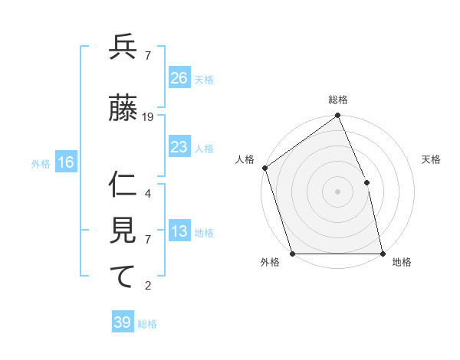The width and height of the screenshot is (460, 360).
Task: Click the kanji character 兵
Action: (x=123, y=48)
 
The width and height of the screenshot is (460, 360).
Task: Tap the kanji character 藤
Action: (x=123, y=110)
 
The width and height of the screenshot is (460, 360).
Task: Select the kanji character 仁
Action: (x=123, y=183)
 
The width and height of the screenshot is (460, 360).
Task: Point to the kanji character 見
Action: (x=123, y=231)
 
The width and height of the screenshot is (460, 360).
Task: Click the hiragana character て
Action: (x=123, y=277)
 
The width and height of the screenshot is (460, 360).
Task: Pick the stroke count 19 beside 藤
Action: (x=148, y=117)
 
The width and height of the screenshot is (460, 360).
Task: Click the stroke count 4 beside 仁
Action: (x=148, y=194)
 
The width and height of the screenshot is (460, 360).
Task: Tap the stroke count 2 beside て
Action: (x=148, y=286)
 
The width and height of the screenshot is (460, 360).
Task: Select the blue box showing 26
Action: (x=179, y=77)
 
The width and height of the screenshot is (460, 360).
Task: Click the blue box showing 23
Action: (x=179, y=147)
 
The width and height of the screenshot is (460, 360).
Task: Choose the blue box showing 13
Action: (x=179, y=232)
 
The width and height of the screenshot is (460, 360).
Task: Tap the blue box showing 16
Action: (x=66, y=162)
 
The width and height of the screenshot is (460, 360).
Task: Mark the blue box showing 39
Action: (x=123, y=322)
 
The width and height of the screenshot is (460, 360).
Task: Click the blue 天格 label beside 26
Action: (x=204, y=79)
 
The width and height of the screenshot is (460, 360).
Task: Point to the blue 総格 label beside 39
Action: (x=147, y=324)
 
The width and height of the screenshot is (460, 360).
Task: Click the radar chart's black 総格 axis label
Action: (x=338, y=100)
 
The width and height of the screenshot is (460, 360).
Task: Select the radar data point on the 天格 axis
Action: (x=366, y=182)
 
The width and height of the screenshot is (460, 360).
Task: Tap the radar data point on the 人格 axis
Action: (x=264, y=168)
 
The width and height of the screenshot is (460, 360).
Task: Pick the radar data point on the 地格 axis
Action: (x=383, y=253)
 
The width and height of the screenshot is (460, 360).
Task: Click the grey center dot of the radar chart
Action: (x=338, y=191)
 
